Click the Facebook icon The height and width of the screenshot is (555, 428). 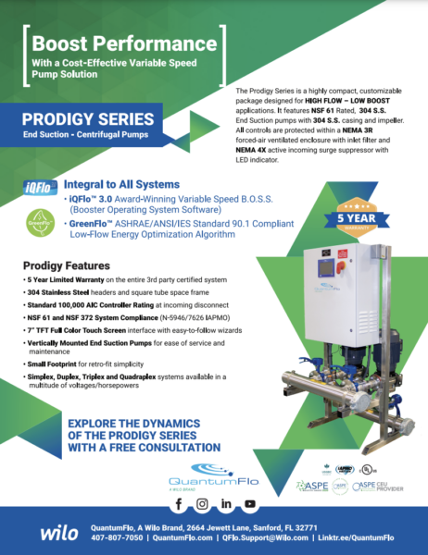click(179, 504)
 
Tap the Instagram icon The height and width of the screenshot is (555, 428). click(202, 504)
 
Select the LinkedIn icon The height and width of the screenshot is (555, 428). click(226, 504)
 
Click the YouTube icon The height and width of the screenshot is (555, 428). click(250, 504)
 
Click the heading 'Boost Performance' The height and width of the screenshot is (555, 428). click(124, 43)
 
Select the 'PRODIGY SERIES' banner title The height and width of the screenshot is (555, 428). click(87, 120)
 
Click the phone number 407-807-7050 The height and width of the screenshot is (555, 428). click(116, 536)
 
